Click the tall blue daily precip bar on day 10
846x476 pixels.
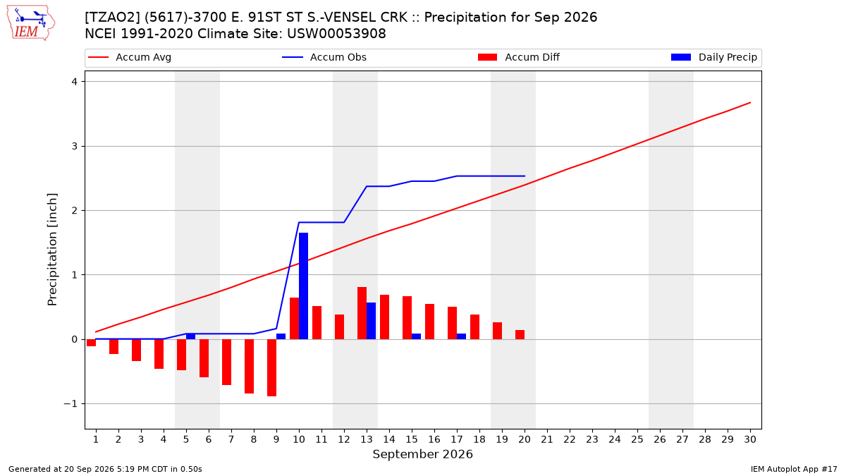(303, 286)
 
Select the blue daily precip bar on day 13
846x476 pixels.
(371, 321)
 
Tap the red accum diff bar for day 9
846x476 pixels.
(271, 367)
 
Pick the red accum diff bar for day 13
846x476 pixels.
(362, 313)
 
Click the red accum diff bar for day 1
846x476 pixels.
(91, 343)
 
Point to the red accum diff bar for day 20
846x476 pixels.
(520, 335)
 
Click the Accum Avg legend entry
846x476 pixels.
(130, 57)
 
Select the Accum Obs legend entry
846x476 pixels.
(324, 57)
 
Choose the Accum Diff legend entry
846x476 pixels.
(519, 57)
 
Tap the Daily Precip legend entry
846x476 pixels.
(713, 57)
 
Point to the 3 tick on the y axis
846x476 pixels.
(75, 146)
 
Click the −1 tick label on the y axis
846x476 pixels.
(70, 404)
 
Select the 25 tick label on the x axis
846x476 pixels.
(637, 439)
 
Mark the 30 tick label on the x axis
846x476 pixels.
(750, 439)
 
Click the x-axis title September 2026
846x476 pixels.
(422, 454)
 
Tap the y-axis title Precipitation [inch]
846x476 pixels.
(52, 250)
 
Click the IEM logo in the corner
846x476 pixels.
(31, 23)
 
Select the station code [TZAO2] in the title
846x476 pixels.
(113, 18)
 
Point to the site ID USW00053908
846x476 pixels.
(336, 34)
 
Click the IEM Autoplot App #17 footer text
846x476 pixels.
(794, 469)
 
